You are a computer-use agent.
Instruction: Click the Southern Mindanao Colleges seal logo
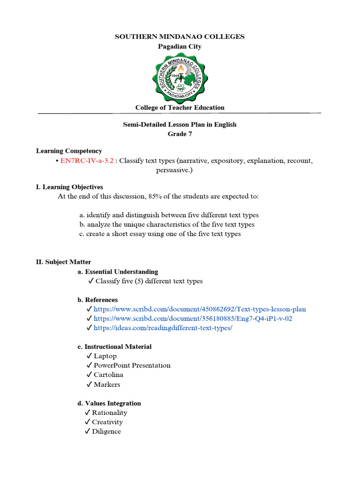click(x=180, y=76)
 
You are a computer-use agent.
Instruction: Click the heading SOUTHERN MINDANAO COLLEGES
click(x=180, y=37)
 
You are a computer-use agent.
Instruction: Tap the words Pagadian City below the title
click(x=180, y=46)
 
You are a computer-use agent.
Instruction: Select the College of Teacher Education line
click(x=180, y=107)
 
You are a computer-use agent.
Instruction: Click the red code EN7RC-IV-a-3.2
click(x=87, y=161)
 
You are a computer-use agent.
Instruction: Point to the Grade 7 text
click(x=180, y=134)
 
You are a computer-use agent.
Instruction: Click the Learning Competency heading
click(x=69, y=151)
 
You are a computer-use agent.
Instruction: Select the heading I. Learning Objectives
click(x=69, y=187)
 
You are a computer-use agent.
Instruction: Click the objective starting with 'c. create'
click(x=160, y=234)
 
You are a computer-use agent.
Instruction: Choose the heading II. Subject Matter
click(x=63, y=262)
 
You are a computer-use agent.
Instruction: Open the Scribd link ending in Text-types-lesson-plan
click(x=200, y=309)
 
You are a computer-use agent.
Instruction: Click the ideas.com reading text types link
click(x=163, y=328)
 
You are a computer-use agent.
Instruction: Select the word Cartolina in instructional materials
click(x=109, y=375)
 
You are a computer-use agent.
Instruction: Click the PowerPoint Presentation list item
click(x=132, y=366)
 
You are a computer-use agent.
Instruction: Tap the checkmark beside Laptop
click(x=89, y=356)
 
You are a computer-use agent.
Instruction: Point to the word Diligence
click(x=106, y=432)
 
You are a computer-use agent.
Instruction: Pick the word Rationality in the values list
click(x=109, y=413)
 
